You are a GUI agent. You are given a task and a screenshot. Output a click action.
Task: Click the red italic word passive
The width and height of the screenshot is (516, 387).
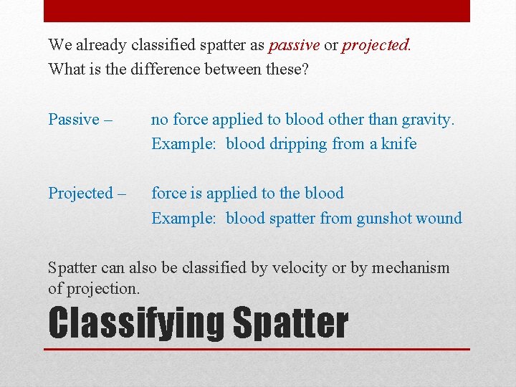[x=294, y=45]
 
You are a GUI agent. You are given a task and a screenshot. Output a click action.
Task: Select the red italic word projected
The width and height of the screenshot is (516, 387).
[x=376, y=45]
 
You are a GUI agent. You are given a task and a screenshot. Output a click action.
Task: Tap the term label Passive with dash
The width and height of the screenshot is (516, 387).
[x=80, y=119]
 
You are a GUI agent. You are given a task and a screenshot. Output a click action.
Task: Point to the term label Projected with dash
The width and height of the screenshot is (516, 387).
[x=87, y=193]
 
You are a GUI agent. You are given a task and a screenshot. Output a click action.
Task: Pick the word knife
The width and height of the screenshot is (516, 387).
[x=398, y=144]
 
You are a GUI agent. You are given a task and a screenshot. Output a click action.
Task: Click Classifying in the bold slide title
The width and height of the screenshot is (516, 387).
[x=135, y=324]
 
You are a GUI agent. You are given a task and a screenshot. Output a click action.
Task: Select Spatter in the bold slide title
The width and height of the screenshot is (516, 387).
[x=290, y=324]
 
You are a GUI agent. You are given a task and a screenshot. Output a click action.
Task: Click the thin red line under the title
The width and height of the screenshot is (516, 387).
[x=258, y=349]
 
